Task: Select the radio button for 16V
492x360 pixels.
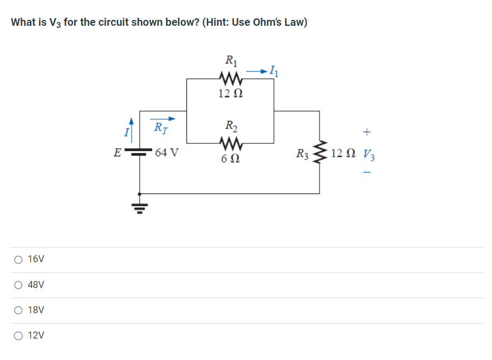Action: [x=19, y=260]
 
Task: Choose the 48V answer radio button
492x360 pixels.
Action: [x=19, y=285]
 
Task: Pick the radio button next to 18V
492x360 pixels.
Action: [x=19, y=311]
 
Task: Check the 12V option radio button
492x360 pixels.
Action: [x=19, y=336]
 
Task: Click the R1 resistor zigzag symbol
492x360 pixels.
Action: [x=230, y=80]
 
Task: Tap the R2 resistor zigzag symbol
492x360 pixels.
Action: [x=230, y=143]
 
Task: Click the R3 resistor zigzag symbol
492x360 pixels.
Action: [x=321, y=153]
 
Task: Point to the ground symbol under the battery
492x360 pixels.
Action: [x=140, y=207]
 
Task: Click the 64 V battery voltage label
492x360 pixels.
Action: [x=167, y=153]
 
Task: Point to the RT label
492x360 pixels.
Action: [x=160, y=128]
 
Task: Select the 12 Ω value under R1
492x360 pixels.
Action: [x=230, y=93]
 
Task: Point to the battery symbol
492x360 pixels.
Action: [x=140, y=153]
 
